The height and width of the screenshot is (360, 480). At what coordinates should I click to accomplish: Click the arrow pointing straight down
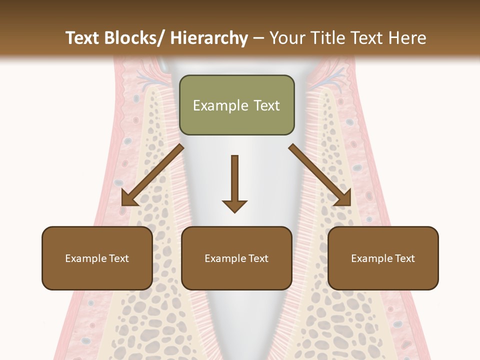tap(234, 183)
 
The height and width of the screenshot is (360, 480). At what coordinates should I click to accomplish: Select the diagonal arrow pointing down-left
tap(152, 175)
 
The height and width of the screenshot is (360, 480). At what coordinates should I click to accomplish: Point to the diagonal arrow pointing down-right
tap(320, 175)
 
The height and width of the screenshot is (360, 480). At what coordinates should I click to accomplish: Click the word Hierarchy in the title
tap(208, 38)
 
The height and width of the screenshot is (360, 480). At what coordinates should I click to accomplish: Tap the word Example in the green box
tap(220, 105)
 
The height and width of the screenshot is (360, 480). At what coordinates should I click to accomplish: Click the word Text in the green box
tap(266, 105)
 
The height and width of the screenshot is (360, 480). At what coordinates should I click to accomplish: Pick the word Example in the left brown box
tap(85, 258)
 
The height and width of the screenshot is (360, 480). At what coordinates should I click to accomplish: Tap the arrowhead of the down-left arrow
tap(129, 198)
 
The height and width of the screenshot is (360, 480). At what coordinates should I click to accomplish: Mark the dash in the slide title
tap(258, 38)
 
